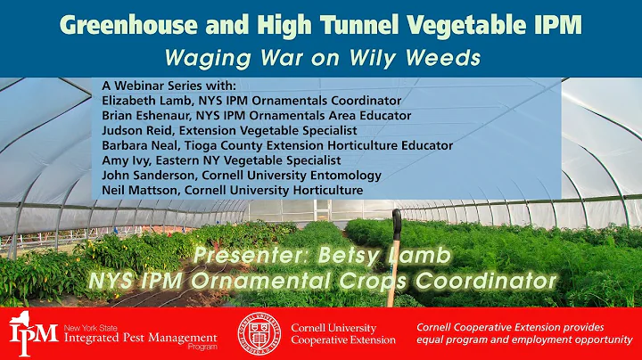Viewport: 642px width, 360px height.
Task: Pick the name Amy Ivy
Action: click(x=126, y=160)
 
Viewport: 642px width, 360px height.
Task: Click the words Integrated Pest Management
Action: click(x=140, y=338)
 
